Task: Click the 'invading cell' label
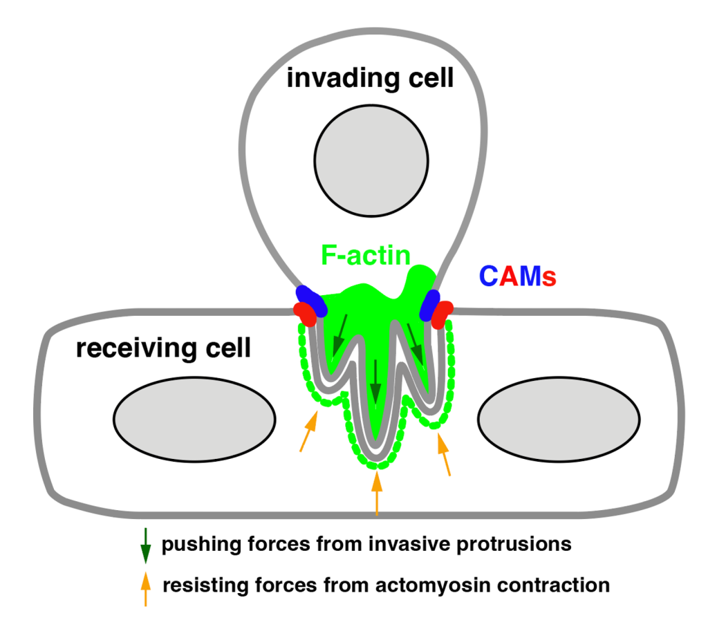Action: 370,78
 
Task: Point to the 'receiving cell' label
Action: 163,348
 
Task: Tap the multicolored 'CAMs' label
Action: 518,277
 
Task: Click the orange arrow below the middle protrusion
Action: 377,492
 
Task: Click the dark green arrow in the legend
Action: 145,545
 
